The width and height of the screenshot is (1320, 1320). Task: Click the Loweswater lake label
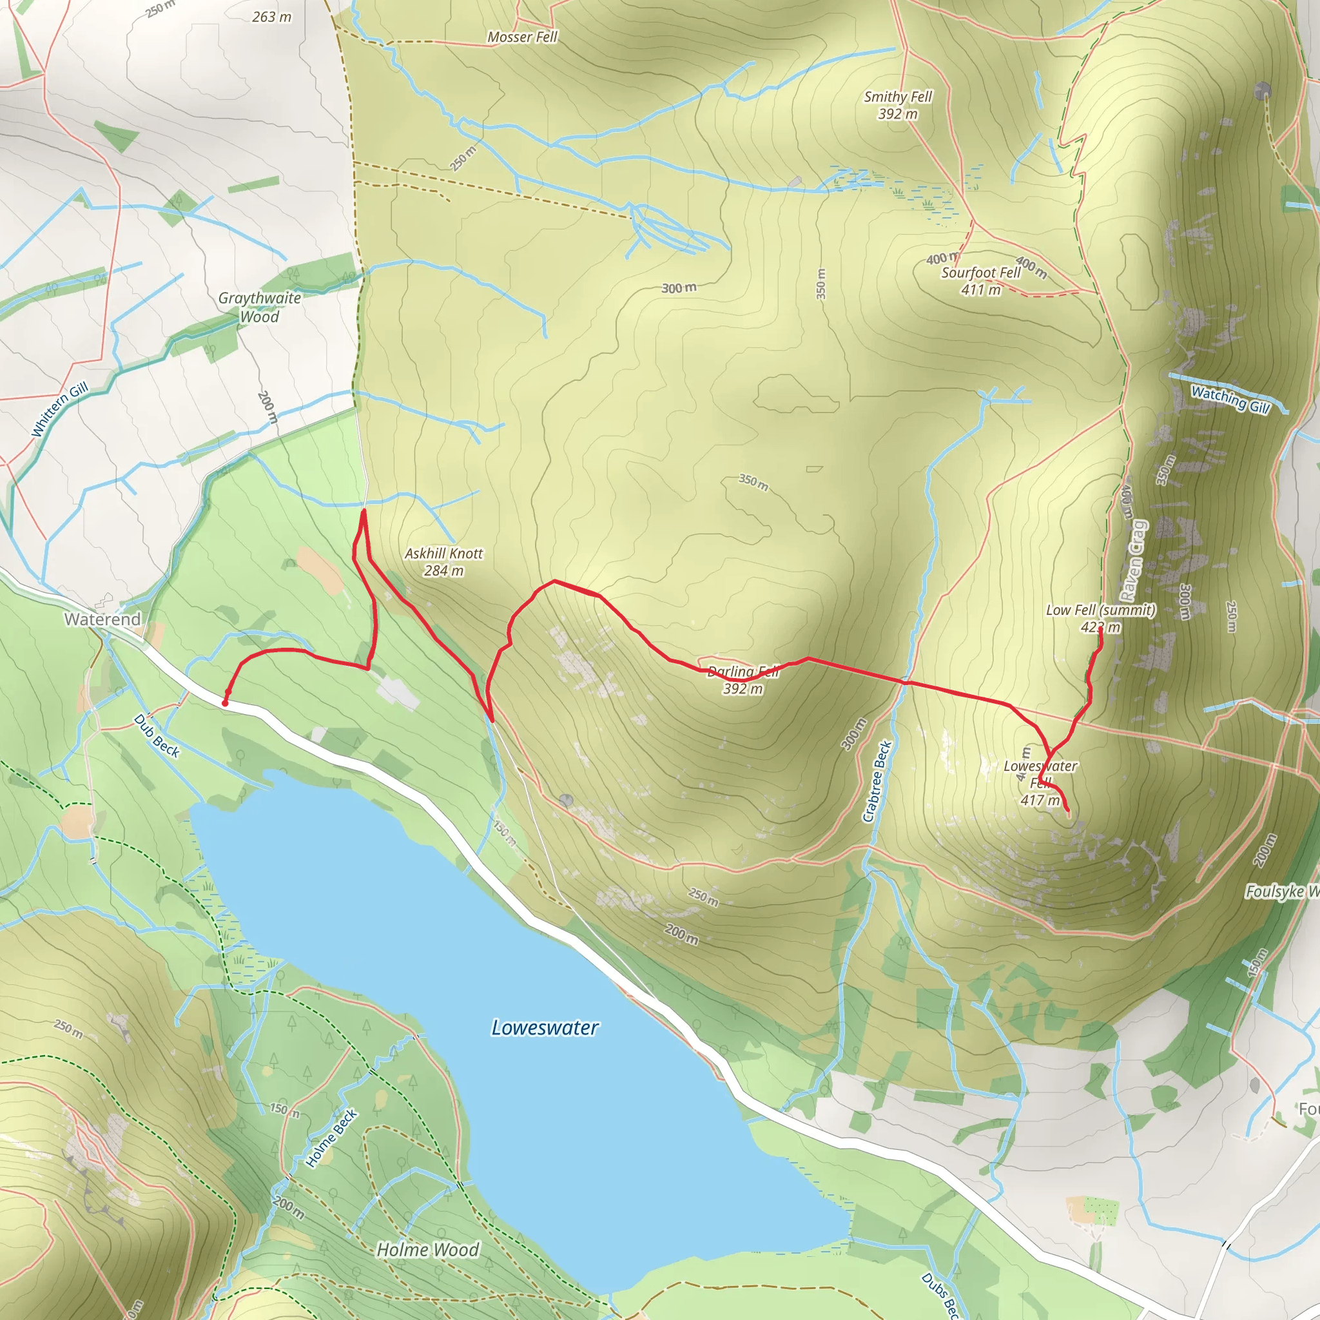pos(545,1027)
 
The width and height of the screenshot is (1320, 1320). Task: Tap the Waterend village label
pos(102,619)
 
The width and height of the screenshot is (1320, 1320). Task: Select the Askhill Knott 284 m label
pos(443,561)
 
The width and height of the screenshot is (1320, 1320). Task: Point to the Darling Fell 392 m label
pos(743,680)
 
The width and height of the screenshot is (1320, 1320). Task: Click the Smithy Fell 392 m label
pos(898,105)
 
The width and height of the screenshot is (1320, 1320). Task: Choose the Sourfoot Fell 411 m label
pos(981,281)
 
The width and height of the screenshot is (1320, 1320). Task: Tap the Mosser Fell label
pos(523,37)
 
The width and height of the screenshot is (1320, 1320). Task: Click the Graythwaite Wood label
pos(260,307)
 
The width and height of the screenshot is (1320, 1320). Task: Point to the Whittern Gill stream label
pos(60,409)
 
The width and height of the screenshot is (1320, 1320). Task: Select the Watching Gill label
pos(1230,399)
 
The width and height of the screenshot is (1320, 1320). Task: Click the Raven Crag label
pos(1134,560)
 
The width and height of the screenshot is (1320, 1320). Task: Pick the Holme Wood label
pos(429,1250)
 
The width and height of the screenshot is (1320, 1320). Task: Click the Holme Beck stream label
pos(331,1138)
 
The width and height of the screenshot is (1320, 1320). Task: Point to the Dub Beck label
pos(157,736)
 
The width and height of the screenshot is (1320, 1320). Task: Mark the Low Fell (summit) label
pos(1101,617)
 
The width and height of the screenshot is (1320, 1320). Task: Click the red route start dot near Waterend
pos(225,703)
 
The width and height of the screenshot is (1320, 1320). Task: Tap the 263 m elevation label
pos(272,16)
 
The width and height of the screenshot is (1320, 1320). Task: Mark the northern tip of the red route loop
pos(364,510)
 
